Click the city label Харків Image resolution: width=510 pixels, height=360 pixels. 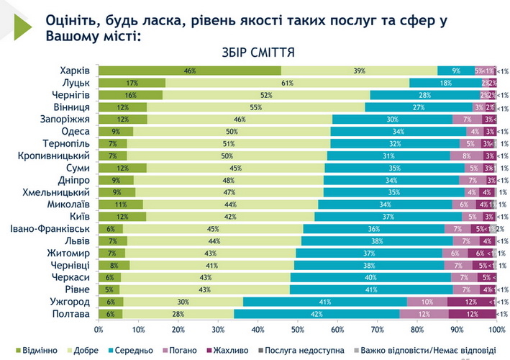click(x=75, y=71)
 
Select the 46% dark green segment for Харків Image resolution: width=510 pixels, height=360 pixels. click(x=190, y=71)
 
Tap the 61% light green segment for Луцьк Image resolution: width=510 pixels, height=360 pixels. click(x=286, y=84)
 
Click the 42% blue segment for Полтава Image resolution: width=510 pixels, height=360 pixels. click(x=317, y=315)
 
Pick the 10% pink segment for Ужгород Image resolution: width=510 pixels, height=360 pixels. click(x=427, y=302)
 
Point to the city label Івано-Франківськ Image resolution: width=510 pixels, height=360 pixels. click(x=50, y=229)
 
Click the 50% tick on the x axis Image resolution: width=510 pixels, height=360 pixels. click(x=298, y=330)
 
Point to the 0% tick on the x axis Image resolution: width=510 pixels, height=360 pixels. click(x=99, y=330)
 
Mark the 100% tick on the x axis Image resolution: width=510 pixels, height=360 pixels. click(x=496, y=330)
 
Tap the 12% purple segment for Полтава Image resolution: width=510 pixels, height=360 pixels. click(x=472, y=315)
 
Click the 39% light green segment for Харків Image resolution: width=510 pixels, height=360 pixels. click(x=358, y=71)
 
